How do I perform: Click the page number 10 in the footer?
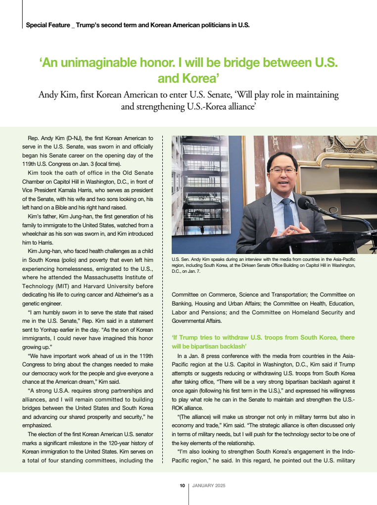[182, 485]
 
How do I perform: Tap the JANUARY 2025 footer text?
[209, 485]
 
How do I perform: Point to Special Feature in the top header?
[48, 25]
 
